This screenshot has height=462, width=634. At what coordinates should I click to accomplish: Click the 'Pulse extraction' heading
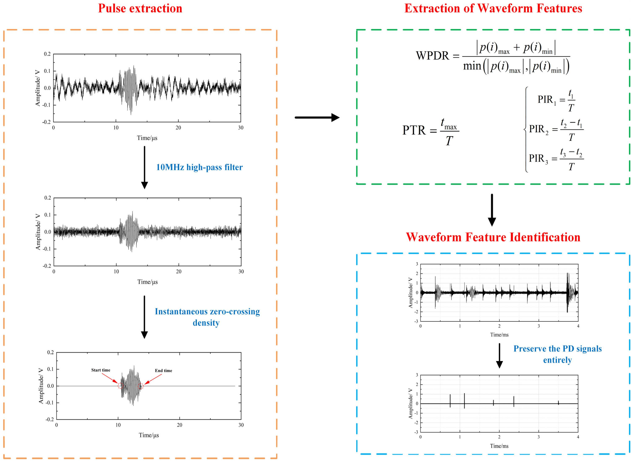140,8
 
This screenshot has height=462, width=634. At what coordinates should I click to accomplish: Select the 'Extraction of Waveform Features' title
493,8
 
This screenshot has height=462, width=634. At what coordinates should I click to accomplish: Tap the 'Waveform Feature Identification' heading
493,237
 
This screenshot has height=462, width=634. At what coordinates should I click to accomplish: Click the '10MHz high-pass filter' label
199,167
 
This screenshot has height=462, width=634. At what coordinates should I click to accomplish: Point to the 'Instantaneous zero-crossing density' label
207,317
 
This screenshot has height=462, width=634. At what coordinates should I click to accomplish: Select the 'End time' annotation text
164,371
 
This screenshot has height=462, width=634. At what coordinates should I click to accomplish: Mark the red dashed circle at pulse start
121,386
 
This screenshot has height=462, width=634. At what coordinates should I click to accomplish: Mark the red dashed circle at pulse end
141,386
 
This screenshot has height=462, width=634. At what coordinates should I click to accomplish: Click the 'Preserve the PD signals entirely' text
557,354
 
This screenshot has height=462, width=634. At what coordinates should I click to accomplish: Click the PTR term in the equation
414,130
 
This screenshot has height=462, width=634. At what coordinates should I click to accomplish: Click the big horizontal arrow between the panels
317,118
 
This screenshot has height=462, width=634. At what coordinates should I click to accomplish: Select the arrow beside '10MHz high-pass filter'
144,167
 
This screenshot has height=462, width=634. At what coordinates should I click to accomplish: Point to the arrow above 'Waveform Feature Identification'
492,210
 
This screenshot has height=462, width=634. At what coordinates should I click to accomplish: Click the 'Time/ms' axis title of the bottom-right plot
499,446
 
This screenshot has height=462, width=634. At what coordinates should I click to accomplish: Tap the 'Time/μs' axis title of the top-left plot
147,138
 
